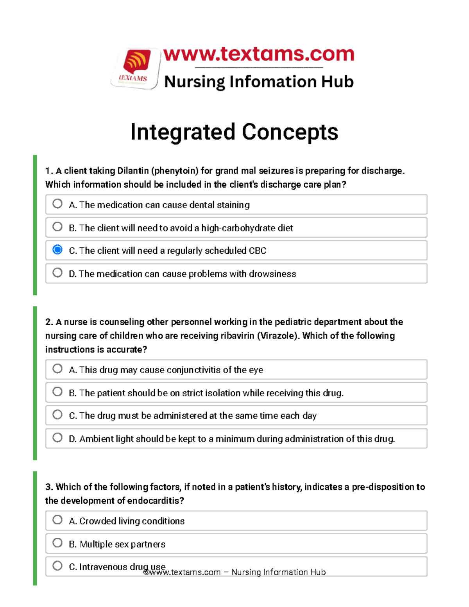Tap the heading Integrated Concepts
(x=234, y=132)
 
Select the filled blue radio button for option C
(x=57, y=250)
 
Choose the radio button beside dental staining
(x=57, y=204)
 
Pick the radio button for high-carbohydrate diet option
(x=57, y=227)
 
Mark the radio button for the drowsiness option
(x=57, y=272)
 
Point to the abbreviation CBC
(x=257, y=251)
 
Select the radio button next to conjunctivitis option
(x=57, y=369)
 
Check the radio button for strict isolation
(x=57, y=392)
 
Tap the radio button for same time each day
(x=57, y=415)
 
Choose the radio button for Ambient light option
(x=57, y=438)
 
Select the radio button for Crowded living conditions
(x=57, y=520)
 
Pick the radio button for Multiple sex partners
(x=57, y=543)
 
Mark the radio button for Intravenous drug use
(x=57, y=566)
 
